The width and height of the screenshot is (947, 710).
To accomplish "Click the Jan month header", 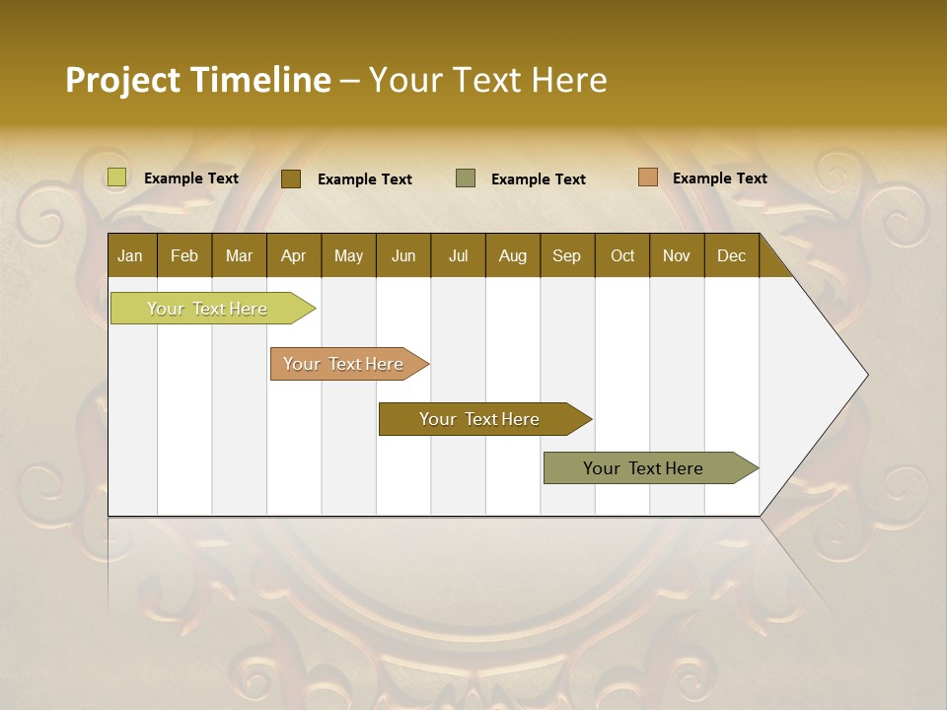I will point(130,255).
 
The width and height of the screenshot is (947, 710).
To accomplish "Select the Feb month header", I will point(184,255).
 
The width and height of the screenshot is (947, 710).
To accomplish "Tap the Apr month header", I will point(294,255).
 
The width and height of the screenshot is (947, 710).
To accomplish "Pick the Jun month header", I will point(403,255).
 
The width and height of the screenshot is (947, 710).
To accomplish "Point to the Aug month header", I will point(513,255).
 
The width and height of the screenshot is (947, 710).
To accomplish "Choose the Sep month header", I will point(567,255).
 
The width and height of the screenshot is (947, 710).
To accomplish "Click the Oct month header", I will point(622,255).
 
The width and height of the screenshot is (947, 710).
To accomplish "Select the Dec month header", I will point(732,255).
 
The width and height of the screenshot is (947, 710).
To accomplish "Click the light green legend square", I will point(117,177).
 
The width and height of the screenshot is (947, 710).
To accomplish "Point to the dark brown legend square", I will point(291,178).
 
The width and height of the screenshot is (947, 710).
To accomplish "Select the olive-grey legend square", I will point(466,178).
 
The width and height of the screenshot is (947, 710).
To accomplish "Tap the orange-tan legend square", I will point(648,177).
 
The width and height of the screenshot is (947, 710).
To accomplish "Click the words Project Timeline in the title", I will point(198,80).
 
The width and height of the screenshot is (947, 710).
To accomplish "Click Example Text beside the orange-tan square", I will point(719,177).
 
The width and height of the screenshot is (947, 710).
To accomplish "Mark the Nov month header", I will point(677,255).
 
